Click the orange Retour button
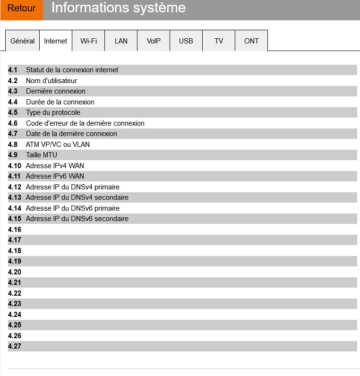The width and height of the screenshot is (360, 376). pos(22,9)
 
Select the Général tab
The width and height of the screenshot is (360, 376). pos(23,41)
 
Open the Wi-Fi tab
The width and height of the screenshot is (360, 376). pos(88,41)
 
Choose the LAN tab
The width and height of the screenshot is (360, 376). pos(121,41)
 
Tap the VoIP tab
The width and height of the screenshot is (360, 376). pos(154,41)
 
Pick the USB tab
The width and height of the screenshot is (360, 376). pos(186,41)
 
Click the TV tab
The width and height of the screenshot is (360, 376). pos(219,41)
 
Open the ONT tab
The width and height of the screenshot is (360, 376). pos(251,41)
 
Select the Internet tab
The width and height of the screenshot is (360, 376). pos(56,41)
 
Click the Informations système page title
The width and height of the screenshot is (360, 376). pos(118,8)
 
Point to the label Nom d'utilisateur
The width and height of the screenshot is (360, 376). pos(51,81)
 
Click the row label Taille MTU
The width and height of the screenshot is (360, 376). pos(42,155)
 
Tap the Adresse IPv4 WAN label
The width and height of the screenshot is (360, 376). pos(55,166)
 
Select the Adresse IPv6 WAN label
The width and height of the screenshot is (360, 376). pos(55,176)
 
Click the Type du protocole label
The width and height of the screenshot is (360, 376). pos(53,112)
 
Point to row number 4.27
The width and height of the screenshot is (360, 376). pos(15,346)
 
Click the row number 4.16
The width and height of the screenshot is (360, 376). pos(15,230)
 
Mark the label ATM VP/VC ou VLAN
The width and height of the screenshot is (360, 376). pos(58,145)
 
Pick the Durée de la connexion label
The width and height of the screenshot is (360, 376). pos(60,102)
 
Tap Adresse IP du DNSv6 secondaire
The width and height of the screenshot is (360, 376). pos(77,219)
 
